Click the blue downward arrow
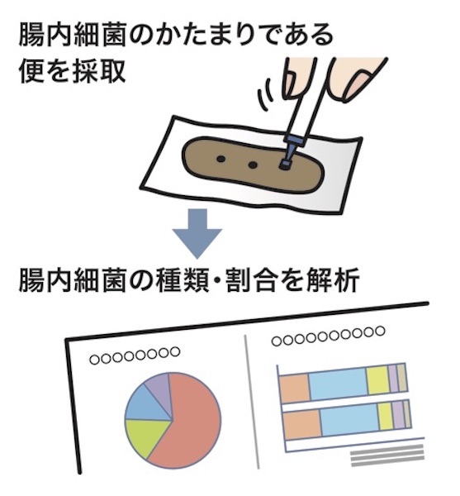tap(197, 233)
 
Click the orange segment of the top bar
tap(295, 388)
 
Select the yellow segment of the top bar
tap(378, 380)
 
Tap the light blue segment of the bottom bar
tap(350, 419)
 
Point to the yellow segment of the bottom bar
tap(386, 417)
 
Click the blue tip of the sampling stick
tap(290, 151)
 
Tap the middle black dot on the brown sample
tap(253, 165)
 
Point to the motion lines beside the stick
tap(267, 93)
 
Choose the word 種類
tap(183, 280)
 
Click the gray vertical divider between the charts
tap(252, 402)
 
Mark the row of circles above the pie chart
tap(135, 355)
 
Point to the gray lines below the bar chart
tap(387, 455)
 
